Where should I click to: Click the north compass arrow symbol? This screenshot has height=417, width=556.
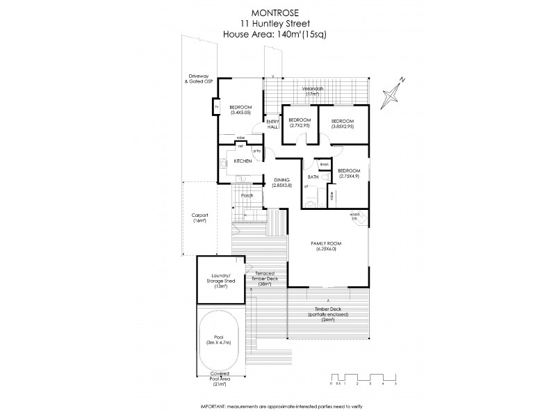(x=397, y=91)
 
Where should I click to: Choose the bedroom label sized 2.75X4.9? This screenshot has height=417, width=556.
(x=349, y=173)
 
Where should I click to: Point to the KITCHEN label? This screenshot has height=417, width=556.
(x=243, y=161)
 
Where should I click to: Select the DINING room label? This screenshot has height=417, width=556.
(x=281, y=182)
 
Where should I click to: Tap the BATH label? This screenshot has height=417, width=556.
(x=313, y=177)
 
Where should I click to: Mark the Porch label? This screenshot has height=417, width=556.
(x=247, y=195)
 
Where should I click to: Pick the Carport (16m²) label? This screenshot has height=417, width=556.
(x=200, y=218)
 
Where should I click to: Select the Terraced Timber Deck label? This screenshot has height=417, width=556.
(x=265, y=279)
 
